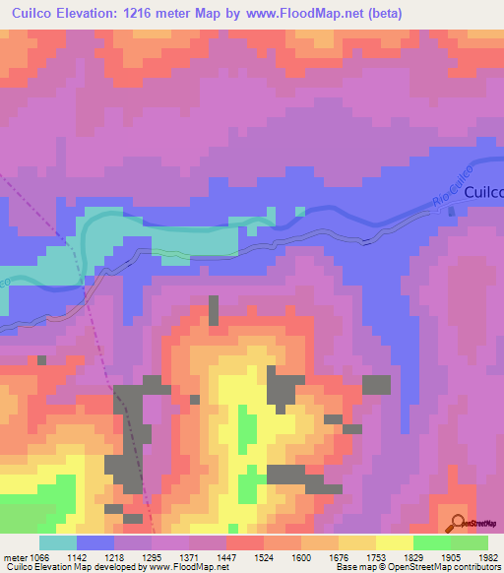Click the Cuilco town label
[x=483, y=193]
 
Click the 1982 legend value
[x=488, y=558]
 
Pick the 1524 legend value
[x=264, y=558]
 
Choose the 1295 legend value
[x=152, y=558]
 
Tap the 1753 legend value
[x=376, y=558]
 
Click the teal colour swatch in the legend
[x=58, y=542]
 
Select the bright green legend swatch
[x=431, y=542]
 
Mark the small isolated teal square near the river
[x=298, y=210]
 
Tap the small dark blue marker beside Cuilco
[x=451, y=212]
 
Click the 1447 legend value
[x=226, y=558]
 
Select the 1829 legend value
[x=413, y=558]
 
